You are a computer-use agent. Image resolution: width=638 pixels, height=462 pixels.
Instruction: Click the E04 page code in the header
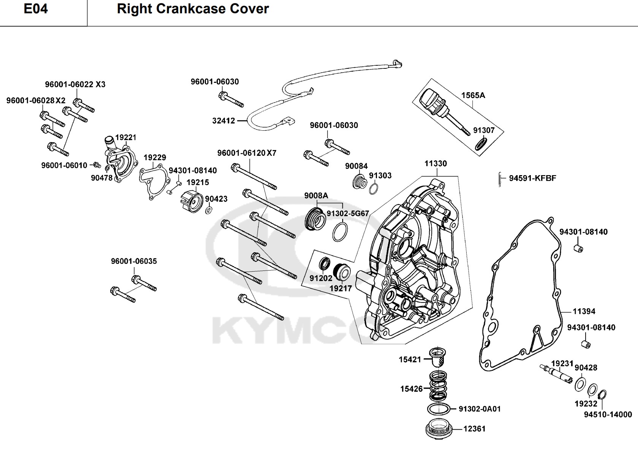click(36, 9)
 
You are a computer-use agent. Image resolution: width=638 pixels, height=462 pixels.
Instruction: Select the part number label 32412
click(223, 121)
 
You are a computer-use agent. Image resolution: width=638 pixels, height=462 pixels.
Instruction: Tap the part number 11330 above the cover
click(435, 164)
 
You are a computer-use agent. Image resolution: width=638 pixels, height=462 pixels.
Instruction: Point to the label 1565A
click(473, 95)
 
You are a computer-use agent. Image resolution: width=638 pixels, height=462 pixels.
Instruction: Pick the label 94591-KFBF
click(532, 178)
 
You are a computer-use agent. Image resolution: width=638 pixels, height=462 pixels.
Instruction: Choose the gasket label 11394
click(584, 312)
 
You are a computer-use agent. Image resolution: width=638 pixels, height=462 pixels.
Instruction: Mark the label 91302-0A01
click(480, 409)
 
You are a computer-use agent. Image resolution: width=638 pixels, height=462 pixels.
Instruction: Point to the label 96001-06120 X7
click(247, 153)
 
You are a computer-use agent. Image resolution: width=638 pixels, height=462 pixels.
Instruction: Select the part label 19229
click(155, 158)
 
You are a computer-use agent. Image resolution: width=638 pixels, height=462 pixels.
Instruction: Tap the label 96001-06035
click(134, 261)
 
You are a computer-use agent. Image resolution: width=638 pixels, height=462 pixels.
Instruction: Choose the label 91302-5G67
click(348, 214)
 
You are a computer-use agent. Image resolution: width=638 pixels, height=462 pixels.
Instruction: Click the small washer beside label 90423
click(209, 210)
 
